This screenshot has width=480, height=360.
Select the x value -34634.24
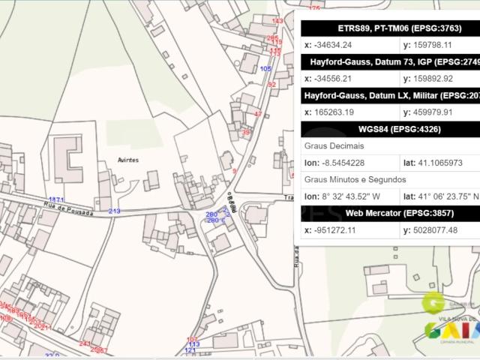tap(335, 44)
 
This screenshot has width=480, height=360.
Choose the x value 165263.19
tap(334, 112)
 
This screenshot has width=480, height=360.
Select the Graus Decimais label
tap(331, 145)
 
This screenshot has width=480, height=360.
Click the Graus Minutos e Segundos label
tap(355, 179)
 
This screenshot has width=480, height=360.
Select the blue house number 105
tap(265, 68)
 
